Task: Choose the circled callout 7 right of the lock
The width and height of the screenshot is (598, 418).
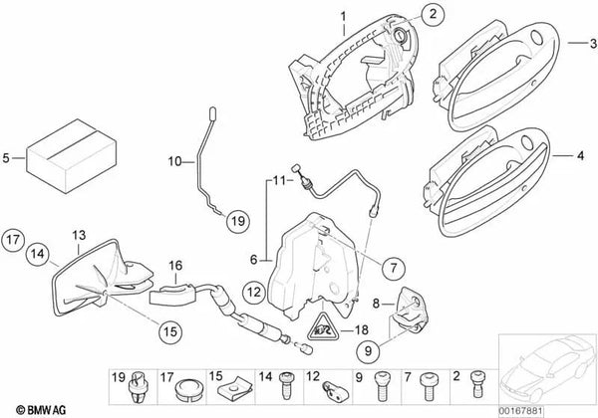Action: [x=396, y=266]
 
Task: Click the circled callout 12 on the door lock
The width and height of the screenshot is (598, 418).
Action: [x=255, y=290]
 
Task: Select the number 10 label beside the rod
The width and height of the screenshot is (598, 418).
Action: [x=173, y=160]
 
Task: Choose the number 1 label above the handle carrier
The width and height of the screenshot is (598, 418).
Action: [x=341, y=17]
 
